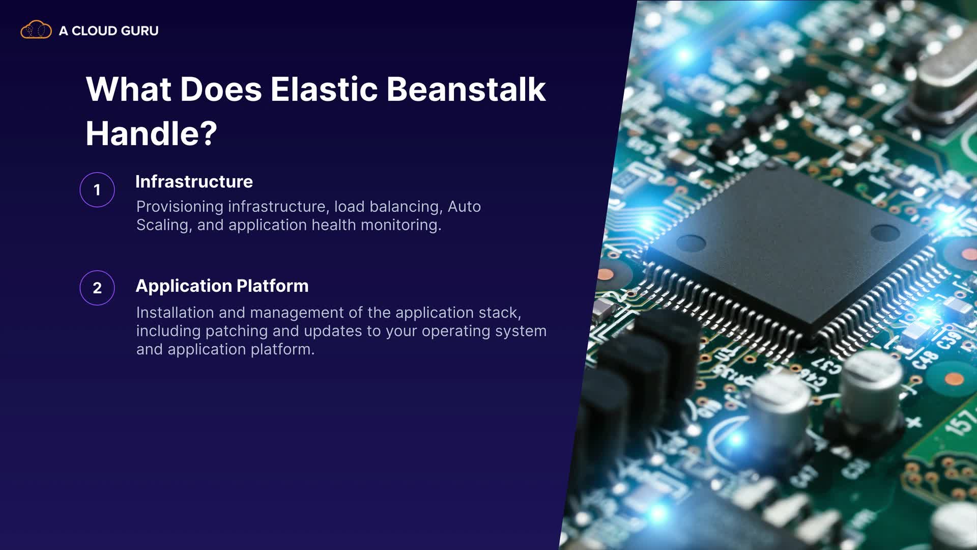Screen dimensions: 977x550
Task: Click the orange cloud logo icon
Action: [x=36, y=30]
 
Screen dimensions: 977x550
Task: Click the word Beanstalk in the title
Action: [x=466, y=89]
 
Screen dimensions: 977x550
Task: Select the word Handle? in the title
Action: [x=151, y=133]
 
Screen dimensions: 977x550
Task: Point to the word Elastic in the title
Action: [x=324, y=89]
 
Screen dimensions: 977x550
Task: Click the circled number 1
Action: [x=97, y=190]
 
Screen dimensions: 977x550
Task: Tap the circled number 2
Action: [x=97, y=288]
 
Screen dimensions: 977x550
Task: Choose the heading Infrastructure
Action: [x=194, y=182]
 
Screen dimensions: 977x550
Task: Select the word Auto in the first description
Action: [x=464, y=207]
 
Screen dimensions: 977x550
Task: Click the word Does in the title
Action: [x=220, y=89]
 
